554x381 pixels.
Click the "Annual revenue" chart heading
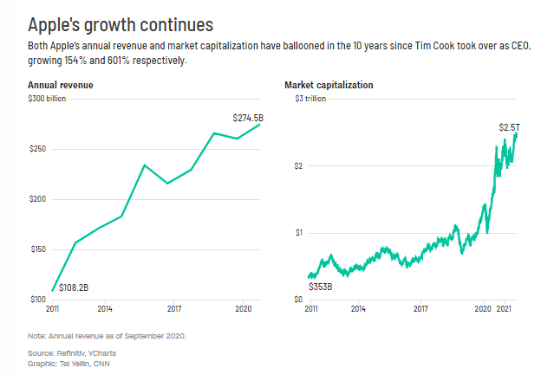61,86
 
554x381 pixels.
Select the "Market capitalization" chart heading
329,86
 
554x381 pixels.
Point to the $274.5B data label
247,117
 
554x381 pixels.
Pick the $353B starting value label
321,285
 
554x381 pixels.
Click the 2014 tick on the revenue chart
104,308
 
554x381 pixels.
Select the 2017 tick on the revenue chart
173,308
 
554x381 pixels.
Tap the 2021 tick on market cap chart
508,308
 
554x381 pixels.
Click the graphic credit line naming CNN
69,363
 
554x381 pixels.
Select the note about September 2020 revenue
102,335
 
